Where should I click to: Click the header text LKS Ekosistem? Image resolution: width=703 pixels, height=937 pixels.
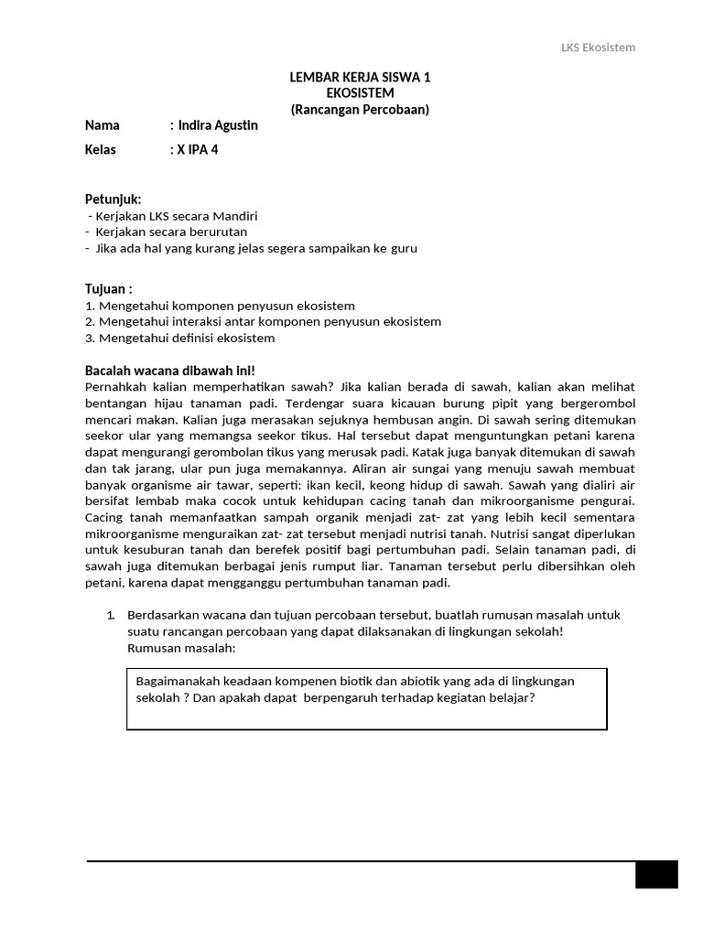pyautogui.click(x=598, y=48)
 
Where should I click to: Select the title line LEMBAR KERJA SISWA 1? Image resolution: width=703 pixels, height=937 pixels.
pyautogui.click(x=360, y=78)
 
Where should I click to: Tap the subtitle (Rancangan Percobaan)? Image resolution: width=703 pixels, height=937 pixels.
pyautogui.click(x=360, y=109)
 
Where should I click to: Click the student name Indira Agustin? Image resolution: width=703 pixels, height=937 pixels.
pyautogui.click(x=219, y=125)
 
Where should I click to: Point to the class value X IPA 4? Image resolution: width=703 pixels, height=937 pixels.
pyautogui.click(x=198, y=150)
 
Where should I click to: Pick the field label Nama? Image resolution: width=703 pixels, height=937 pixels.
pyautogui.click(x=103, y=125)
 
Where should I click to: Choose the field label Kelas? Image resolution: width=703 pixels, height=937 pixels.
pyautogui.click(x=101, y=150)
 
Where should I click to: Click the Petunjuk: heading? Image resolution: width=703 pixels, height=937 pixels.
pyautogui.click(x=114, y=199)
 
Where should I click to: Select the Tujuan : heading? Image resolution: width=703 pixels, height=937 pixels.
pyautogui.click(x=109, y=288)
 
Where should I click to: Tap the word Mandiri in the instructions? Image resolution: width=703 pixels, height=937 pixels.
pyautogui.click(x=235, y=216)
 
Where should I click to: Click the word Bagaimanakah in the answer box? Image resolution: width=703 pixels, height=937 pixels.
pyautogui.click(x=177, y=681)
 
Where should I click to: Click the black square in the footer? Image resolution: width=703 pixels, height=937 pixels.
pyautogui.click(x=656, y=874)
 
